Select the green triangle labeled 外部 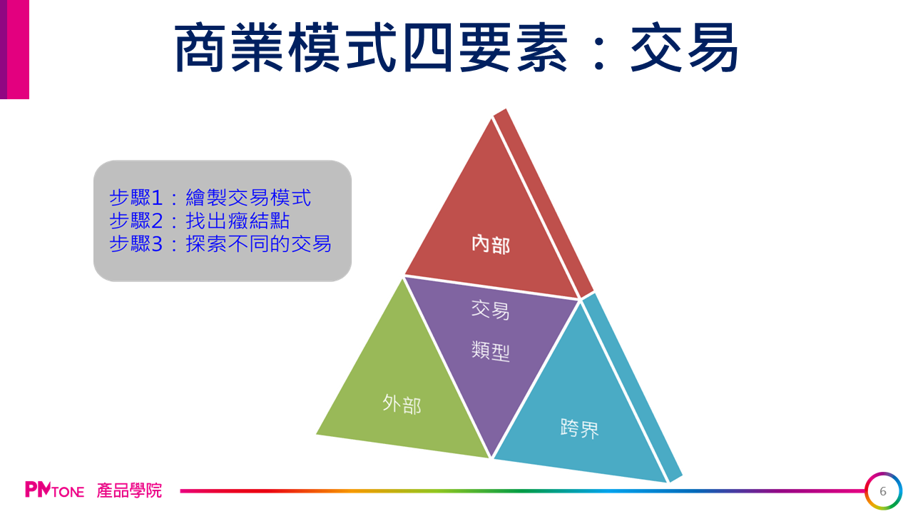tap(403, 388)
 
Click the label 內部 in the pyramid tap(491, 245)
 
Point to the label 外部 tap(402, 404)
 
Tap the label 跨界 tap(579, 428)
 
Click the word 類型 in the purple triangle tap(490, 351)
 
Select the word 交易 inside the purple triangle tap(490, 310)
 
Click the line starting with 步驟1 tap(210, 198)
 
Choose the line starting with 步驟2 tap(199, 221)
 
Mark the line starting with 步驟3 tap(220, 244)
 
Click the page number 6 tap(883, 491)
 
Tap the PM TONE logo tap(55, 490)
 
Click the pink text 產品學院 tap(129, 490)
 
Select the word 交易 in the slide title tap(684, 47)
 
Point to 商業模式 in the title tap(285, 47)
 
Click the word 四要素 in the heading tap(485, 47)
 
